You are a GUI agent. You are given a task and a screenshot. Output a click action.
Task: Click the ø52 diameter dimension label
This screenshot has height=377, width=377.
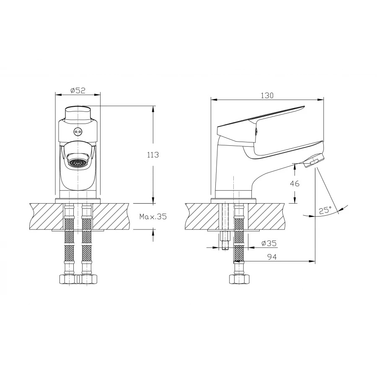[78, 90]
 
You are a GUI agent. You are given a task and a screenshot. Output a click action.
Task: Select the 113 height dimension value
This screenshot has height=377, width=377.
[153, 155]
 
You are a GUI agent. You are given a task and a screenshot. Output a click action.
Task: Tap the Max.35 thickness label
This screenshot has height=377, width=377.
[153, 217]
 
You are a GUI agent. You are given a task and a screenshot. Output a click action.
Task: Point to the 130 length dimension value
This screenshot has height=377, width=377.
[267, 96]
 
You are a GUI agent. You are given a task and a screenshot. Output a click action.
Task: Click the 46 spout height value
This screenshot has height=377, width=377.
[294, 184]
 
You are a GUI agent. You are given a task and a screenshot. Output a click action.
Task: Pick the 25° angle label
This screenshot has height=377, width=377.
[325, 210]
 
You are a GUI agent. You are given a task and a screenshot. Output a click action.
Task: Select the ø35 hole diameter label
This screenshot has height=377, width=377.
[269, 243]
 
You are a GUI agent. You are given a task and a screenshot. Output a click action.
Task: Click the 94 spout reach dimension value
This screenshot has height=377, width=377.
[272, 257]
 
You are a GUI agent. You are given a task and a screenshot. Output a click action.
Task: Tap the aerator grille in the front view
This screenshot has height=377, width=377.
[77, 163]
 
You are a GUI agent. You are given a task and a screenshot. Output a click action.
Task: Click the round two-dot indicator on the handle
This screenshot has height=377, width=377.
[77, 131]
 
